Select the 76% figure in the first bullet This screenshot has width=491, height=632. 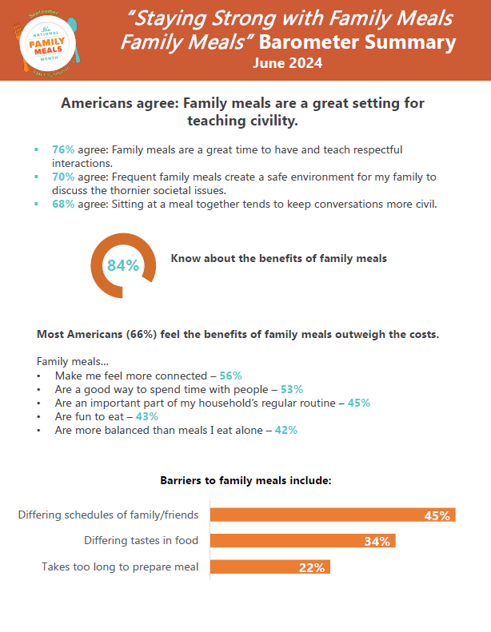[x=63, y=149]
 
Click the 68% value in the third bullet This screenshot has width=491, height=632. [x=63, y=204]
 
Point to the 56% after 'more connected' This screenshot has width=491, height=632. [x=230, y=375]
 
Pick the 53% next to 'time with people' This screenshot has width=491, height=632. [x=291, y=389]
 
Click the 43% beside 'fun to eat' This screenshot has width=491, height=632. [x=146, y=416]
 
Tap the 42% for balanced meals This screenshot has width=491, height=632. [x=285, y=430]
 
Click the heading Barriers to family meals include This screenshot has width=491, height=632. [x=245, y=481]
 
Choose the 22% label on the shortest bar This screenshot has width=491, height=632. [x=312, y=568]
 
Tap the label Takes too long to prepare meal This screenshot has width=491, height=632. [x=120, y=567]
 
